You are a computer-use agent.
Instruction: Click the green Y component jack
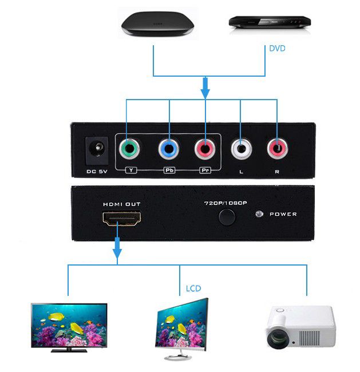tap(129, 149)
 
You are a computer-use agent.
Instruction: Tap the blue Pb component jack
tap(169, 149)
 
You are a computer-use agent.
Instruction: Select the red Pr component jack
tap(205, 149)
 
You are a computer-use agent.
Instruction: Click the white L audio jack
tap(242, 149)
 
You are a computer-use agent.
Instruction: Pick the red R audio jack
tap(278, 149)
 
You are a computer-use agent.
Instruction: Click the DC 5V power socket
tap(97, 151)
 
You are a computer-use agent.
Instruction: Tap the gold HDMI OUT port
tap(121, 219)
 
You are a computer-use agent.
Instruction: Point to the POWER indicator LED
tap(259, 214)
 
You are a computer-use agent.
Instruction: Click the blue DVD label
tap(277, 49)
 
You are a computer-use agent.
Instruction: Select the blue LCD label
tap(193, 288)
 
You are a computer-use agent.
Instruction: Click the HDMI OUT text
tap(122, 204)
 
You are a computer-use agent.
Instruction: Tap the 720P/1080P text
tap(226, 203)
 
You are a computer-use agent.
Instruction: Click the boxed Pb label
tap(169, 170)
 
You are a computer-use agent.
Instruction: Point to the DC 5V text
tap(97, 171)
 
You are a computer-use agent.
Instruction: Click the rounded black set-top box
tap(157, 23)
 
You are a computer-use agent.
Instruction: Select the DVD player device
tap(270, 22)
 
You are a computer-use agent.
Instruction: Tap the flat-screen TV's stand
tap(69, 350)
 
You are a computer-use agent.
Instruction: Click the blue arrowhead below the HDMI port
tap(117, 254)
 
